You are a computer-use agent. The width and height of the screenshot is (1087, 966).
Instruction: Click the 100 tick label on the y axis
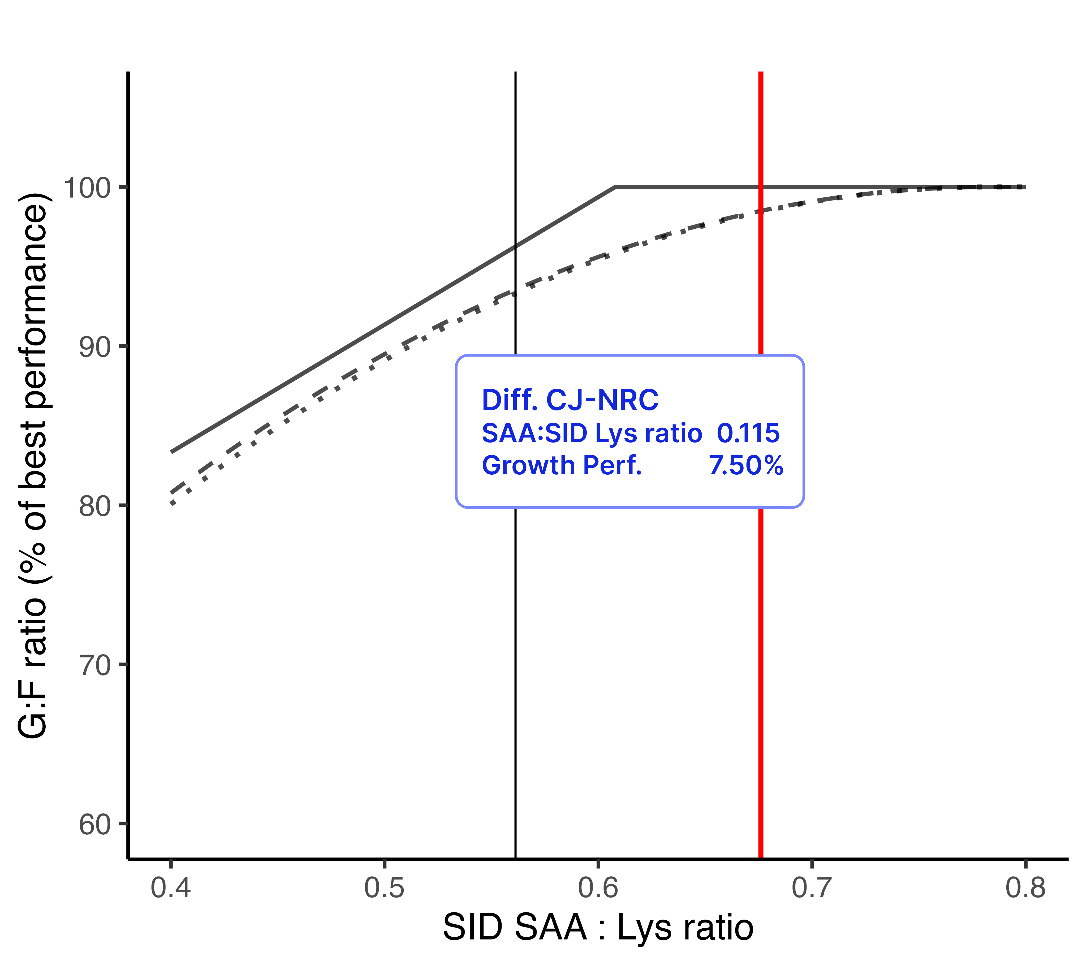87,188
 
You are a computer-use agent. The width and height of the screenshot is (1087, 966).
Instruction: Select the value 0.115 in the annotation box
748,433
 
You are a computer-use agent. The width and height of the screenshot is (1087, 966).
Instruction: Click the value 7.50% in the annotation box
745,466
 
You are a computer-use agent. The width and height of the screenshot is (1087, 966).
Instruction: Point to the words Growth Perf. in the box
562,466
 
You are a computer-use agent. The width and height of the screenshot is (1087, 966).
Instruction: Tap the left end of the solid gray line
172,452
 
